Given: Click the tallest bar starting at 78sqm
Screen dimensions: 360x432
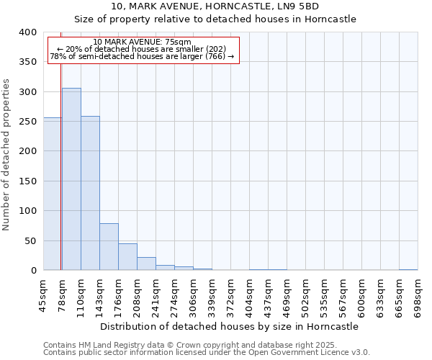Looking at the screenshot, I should pyautogui.click(x=71, y=179).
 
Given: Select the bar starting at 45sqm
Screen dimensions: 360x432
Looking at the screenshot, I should pyautogui.click(x=52, y=194).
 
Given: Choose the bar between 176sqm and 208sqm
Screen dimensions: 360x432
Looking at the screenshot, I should pyautogui.click(x=127, y=257).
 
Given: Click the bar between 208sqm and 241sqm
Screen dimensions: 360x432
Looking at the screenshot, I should pyautogui.click(x=146, y=264).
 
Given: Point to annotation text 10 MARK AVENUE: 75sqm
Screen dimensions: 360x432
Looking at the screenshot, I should pyautogui.click(x=143, y=42).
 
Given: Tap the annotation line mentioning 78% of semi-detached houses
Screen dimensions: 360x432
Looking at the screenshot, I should pyautogui.click(x=143, y=56).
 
